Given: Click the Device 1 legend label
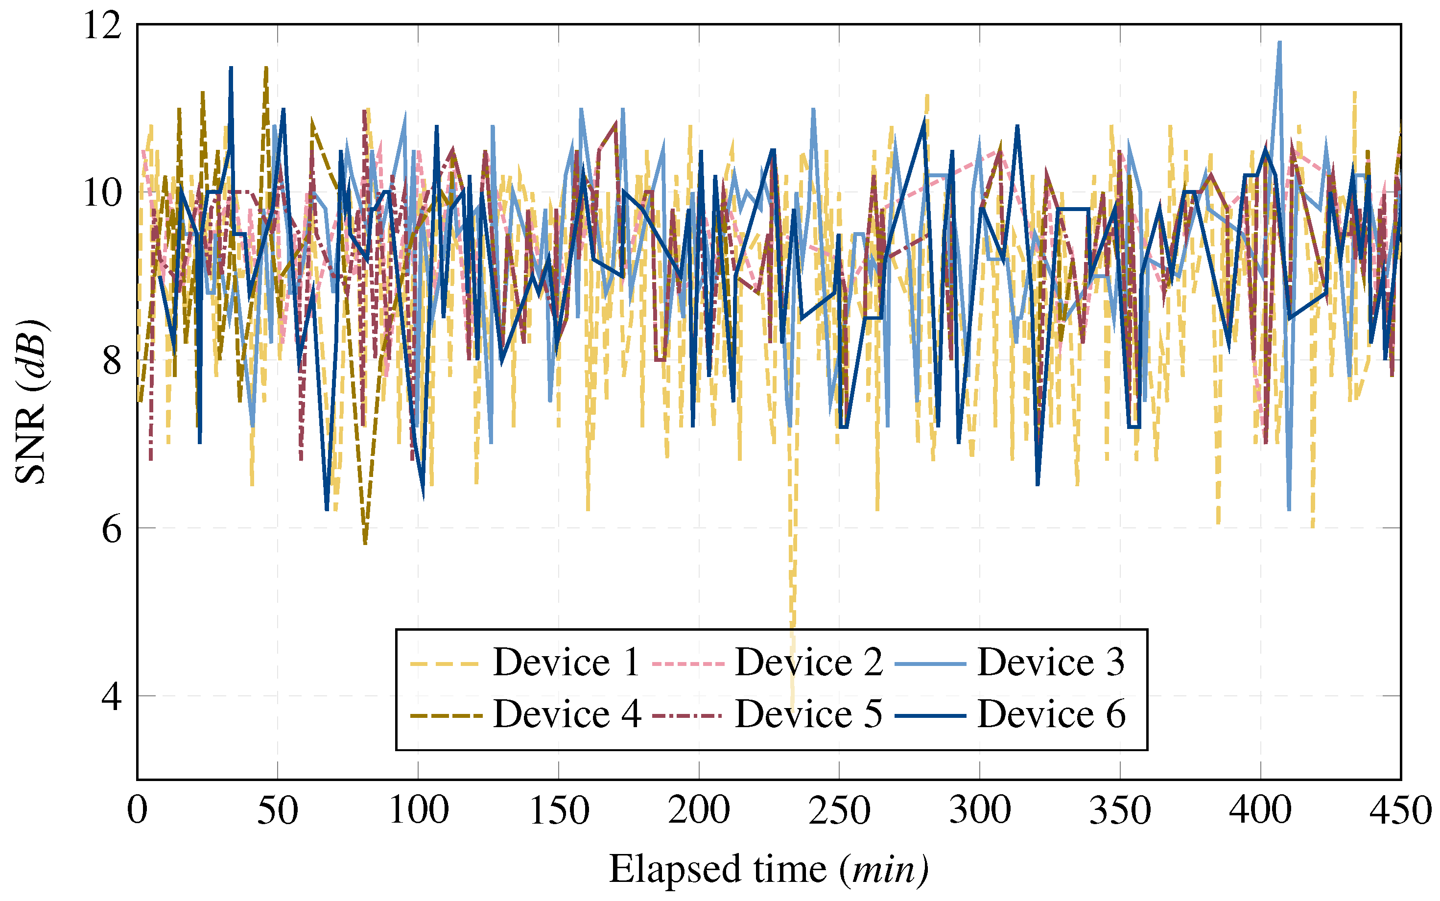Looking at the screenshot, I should tap(566, 662).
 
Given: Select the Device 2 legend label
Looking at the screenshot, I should tap(808, 662).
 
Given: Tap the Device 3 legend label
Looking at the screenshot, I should tap(1051, 662).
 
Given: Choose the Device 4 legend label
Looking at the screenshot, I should tap(567, 714).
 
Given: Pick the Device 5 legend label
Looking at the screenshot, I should tap(808, 714).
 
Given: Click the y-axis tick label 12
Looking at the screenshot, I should tap(102, 25).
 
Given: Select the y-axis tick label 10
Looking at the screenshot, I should tap(102, 193).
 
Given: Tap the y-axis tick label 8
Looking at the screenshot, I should tap(112, 360).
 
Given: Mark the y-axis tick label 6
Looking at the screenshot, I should tap(112, 528).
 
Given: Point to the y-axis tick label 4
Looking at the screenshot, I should tap(112, 696).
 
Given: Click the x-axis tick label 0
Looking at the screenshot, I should tap(137, 811).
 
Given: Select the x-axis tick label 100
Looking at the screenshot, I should tap(418, 811).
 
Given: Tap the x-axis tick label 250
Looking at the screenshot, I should tap(839, 811).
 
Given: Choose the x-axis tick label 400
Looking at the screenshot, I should tap(1261, 811).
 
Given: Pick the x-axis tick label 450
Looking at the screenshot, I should tap(1401, 811).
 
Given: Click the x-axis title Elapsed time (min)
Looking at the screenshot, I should tap(769, 870).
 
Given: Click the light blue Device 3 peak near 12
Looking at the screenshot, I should tap(1279, 43).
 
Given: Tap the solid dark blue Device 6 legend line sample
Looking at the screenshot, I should tap(930, 714).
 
